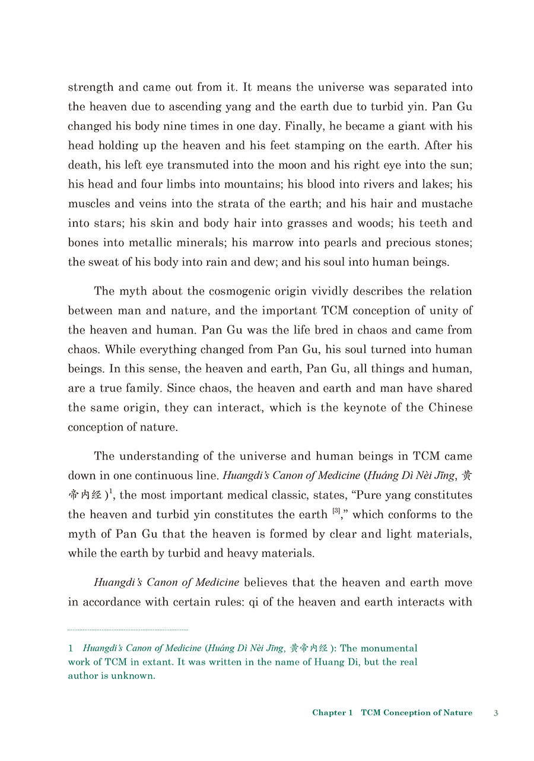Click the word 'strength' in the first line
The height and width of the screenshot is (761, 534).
tap(90, 87)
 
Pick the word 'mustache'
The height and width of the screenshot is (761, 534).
tap(447, 204)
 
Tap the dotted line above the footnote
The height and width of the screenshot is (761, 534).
tap(128, 629)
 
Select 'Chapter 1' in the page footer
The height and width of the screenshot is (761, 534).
tap(332, 713)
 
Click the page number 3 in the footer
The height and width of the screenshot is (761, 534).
tap(496, 713)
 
